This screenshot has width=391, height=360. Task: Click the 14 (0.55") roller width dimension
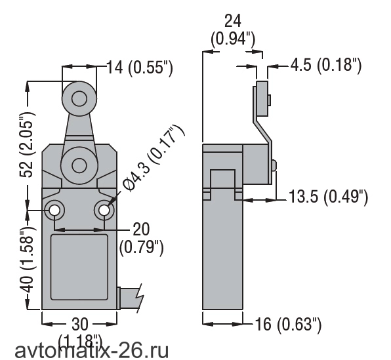point(140,68)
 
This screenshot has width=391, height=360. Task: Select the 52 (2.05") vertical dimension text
point(27,145)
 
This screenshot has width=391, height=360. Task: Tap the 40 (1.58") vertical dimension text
point(27,259)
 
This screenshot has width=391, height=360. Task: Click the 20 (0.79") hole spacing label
point(141,239)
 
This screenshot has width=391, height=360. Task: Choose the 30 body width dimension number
point(80,324)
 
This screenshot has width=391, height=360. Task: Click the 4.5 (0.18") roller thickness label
point(326,65)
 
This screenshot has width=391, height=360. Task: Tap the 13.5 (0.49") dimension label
point(328,197)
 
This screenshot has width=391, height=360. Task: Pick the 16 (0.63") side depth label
point(289,325)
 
